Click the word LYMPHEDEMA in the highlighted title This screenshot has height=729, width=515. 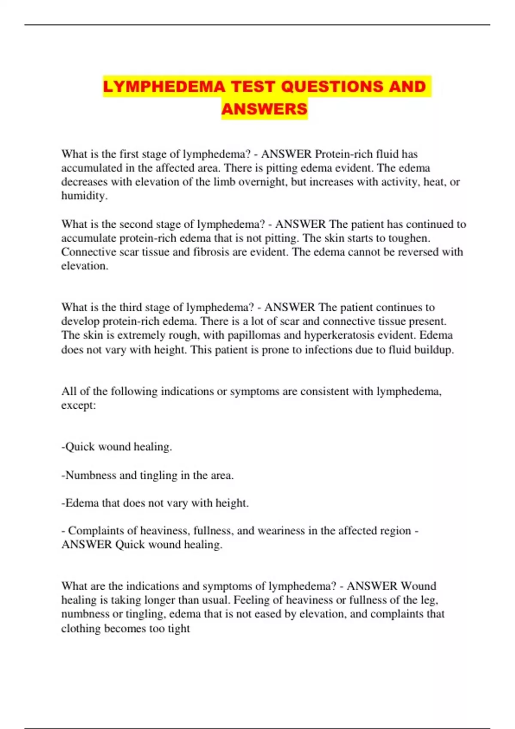tap(164, 87)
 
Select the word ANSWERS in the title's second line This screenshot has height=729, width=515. tap(264, 109)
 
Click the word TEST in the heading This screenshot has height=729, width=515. tap(253, 87)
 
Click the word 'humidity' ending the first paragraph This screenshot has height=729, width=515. tap(84, 196)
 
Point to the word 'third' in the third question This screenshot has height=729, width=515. tap(131, 307)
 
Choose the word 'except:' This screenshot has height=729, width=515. tap(79, 406)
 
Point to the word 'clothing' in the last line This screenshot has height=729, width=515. tap(81, 629)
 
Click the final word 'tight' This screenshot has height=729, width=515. tap(179, 629)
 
